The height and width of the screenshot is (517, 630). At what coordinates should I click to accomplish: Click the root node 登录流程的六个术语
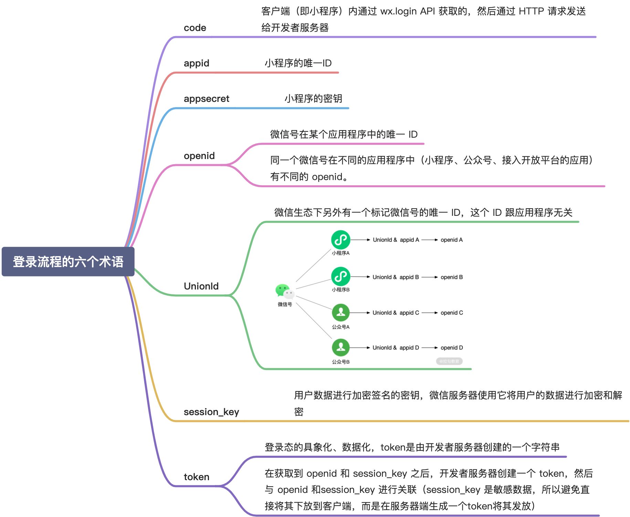click(x=68, y=262)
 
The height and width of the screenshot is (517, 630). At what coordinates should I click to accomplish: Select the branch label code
click(x=195, y=28)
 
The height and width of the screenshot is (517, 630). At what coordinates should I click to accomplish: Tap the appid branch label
click(x=196, y=63)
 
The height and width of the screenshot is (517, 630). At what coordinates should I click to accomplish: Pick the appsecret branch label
click(x=206, y=99)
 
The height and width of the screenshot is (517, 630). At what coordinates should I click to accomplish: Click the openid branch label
click(x=199, y=156)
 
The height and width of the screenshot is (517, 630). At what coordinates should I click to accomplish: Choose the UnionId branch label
click(x=201, y=286)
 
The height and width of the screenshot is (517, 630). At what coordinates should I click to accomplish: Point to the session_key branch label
click(x=211, y=412)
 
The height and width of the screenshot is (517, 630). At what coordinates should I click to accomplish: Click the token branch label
click(x=196, y=477)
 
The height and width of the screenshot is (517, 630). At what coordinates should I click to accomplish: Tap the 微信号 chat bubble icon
click(x=285, y=292)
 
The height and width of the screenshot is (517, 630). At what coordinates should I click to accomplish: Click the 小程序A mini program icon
click(x=340, y=240)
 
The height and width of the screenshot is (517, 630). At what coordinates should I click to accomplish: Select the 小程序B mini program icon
click(x=340, y=276)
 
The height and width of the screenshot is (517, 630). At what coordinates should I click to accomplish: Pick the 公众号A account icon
click(x=340, y=313)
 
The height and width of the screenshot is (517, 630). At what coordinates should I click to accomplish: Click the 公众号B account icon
click(x=340, y=348)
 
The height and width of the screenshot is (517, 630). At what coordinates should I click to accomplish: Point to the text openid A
click(x=451, y=240)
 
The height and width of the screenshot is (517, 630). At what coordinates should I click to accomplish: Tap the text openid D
click(x=451, y=348)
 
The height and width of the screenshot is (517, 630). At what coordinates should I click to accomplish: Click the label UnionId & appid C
click(x=396, y=313)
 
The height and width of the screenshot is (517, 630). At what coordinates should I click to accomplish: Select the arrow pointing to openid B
click(x=429, y=277)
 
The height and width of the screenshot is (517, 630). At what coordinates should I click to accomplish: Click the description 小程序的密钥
click(x=313, y=99)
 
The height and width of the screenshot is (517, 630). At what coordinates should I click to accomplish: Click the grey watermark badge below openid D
click(x=449, y=361)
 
